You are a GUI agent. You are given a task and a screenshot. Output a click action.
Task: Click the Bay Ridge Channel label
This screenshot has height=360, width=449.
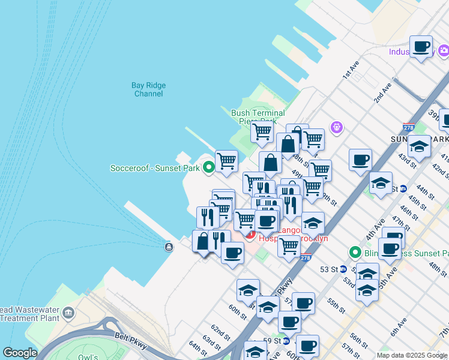coord(148,89)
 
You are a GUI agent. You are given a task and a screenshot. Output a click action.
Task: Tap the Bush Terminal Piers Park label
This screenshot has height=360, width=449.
coord(258,116)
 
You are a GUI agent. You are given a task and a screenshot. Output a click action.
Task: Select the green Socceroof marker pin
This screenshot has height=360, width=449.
coord(209,167)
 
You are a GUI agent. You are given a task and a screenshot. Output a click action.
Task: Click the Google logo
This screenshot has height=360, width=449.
coord(20,353)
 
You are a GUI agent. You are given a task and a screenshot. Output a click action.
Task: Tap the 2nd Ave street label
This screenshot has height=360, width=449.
coord(382,93)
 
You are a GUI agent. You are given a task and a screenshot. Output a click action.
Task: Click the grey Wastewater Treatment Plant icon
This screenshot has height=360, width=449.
coord(68,313)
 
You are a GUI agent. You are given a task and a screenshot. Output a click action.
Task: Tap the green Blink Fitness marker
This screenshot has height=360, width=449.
coord(355,253)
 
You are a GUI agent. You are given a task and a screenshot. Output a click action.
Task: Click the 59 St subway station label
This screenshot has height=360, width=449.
coord(273,341)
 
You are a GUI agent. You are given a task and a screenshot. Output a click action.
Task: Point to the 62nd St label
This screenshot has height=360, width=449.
coord(220,332)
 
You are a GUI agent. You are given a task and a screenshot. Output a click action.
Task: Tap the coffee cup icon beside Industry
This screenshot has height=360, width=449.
coord(421,47)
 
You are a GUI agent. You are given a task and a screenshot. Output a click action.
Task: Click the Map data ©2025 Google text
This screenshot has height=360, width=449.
coord(412,355)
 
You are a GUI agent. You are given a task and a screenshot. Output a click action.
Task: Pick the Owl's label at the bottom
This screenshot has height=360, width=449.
coord(88,356)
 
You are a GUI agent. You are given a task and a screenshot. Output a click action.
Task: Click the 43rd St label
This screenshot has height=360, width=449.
coord(406,160)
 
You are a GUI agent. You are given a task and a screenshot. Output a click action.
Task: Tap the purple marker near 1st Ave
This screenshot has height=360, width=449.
coord(336,127)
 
